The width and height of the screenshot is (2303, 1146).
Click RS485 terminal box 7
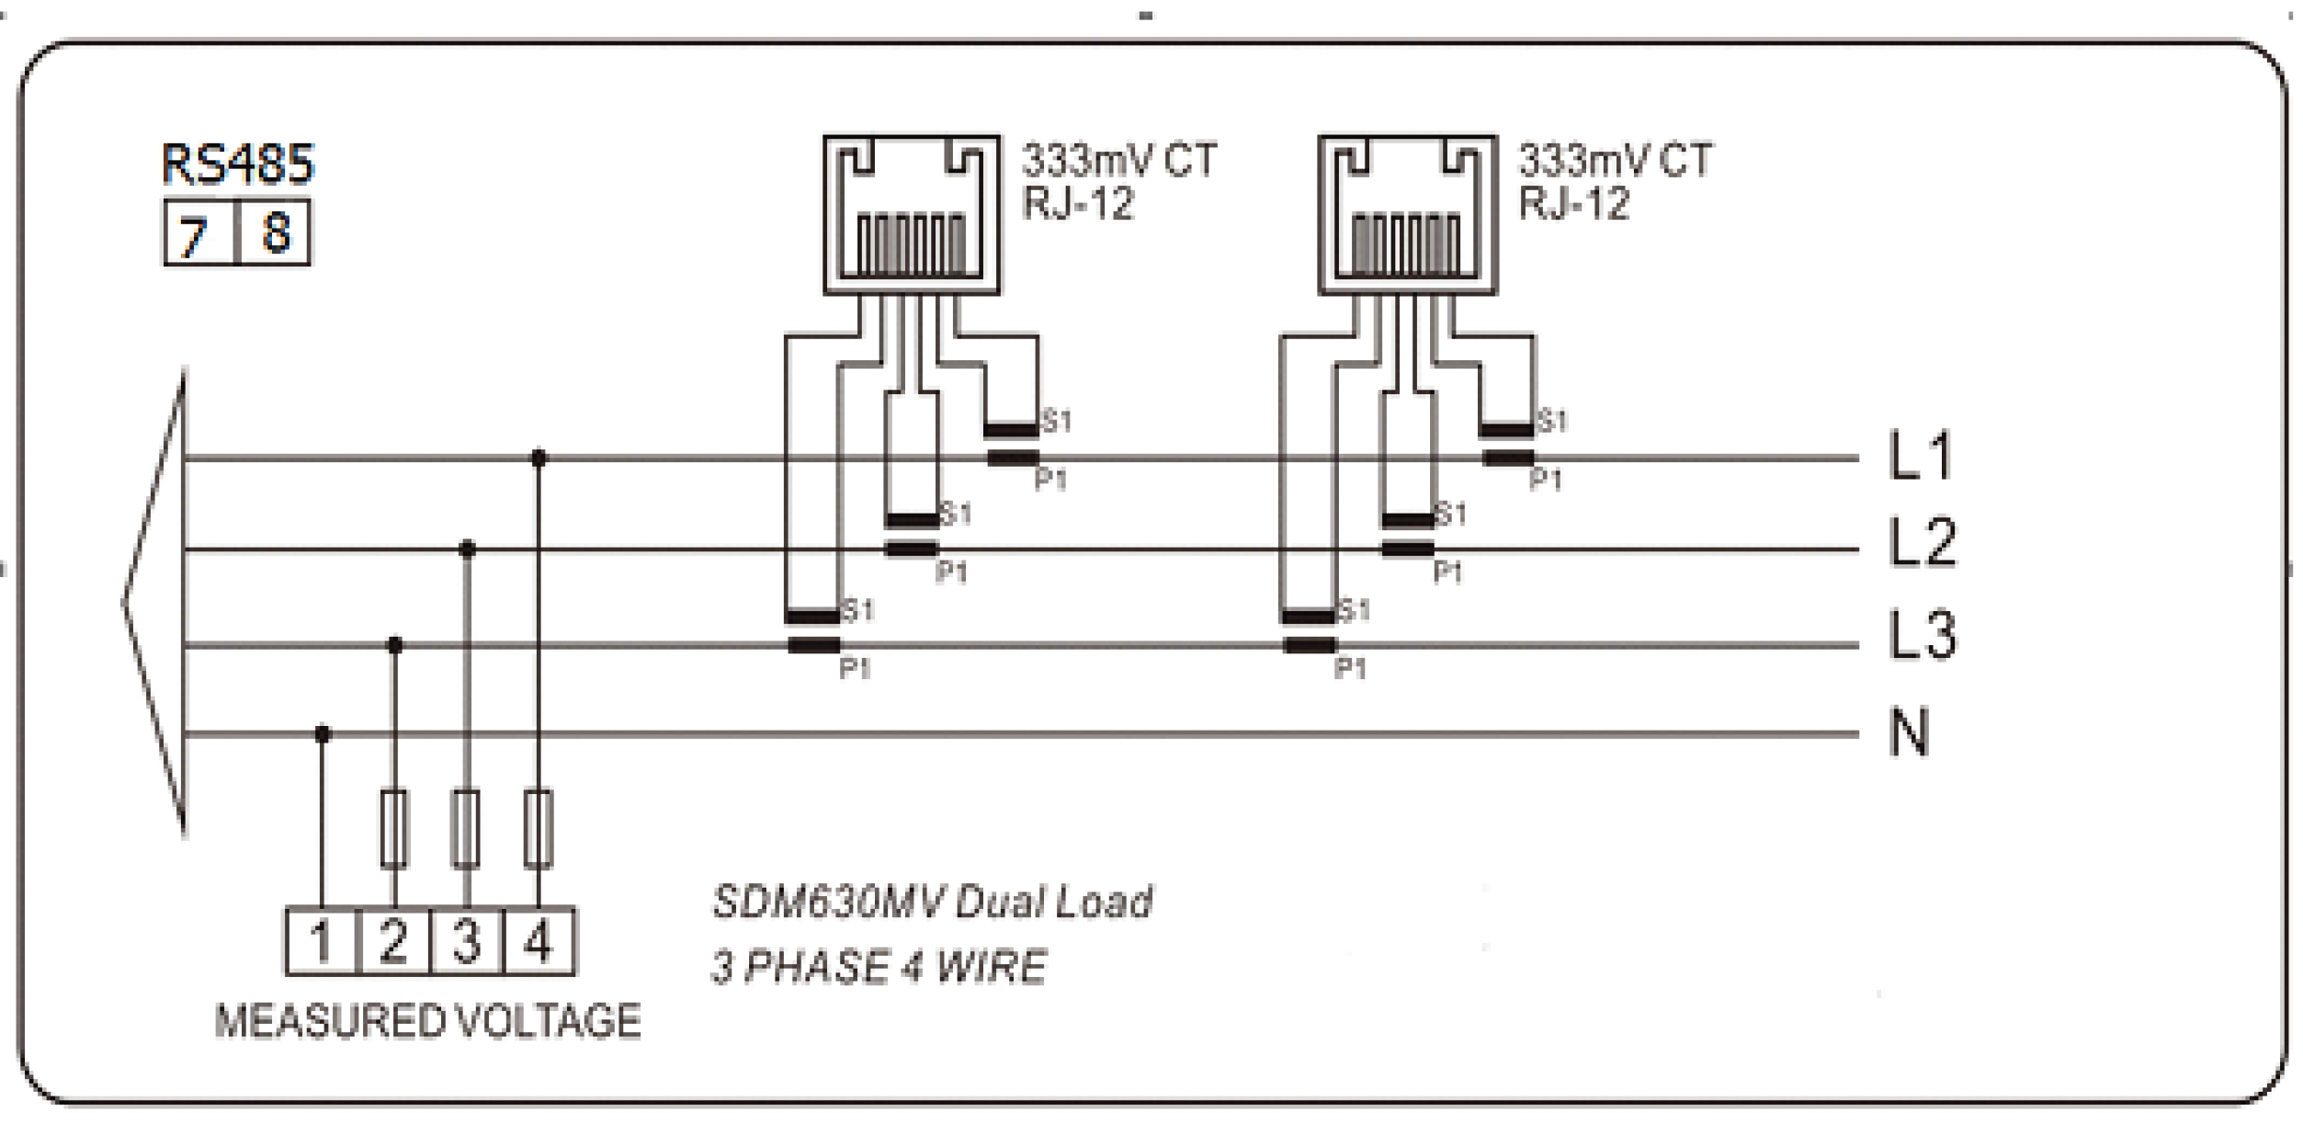(x=200, y=233)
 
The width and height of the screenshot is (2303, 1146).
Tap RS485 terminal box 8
(x=275, y=233)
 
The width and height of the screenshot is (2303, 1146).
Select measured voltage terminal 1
(x=321, y=942)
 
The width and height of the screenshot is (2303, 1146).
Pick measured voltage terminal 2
(x=393, y=942)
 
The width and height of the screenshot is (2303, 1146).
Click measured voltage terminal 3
(x=467, y=942)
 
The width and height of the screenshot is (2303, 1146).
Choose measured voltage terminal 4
(x=539, y=942)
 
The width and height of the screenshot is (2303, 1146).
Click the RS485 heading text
(x=238, y=165)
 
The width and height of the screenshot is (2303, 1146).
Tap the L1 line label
(x=1921, y=456)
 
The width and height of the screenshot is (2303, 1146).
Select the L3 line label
(x=1922, y=635)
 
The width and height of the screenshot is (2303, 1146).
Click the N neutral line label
(x=1910, y=732)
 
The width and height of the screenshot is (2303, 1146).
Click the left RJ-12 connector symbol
(x=911, y=215)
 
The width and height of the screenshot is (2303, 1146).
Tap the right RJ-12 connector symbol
(x=1407, y=215)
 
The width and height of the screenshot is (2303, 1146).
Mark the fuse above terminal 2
(x=394, y=829)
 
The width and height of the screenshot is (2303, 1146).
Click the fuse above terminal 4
(x=539, y=829)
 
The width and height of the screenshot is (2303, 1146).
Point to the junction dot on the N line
(x=323, y=734)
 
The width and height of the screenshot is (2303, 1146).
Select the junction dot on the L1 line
(x=539, y=458)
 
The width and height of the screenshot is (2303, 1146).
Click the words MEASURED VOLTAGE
(x=427, y=1022)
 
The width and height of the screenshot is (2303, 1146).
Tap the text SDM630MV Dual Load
(x=932, y=902)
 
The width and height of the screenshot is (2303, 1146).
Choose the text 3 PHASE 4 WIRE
(x=879, y=968)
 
